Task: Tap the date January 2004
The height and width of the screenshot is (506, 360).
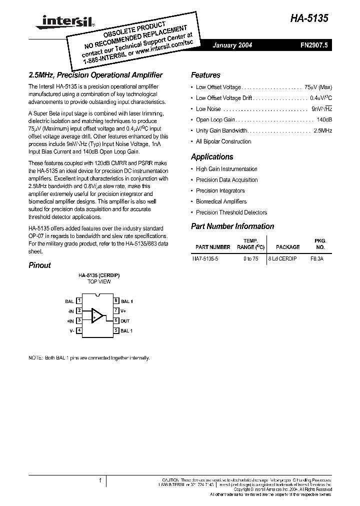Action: click(x=232, y=45)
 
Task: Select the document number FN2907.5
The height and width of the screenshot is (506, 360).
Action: click(x=313, y=45)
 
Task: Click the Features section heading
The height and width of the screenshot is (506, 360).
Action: click(x=205, y=75)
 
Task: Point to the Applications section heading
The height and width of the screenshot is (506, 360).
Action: click(x=212, y=156)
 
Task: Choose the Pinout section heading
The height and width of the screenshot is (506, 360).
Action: click(x=39, y=265)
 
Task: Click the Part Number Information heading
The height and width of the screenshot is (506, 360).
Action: click(x=232, y=226)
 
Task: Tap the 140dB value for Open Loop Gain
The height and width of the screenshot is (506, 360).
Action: click(x=324, y=119)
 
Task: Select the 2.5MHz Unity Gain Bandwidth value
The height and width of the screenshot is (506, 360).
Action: click(x=322, y=130)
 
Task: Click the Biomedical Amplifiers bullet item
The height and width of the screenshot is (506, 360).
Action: click(x=221, y=201)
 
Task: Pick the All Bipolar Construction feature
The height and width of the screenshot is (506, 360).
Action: click(x=223, y=141)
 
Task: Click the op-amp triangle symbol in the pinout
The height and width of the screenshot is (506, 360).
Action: click(x=97, y=315)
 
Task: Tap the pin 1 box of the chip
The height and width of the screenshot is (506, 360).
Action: click(x=79, y=301)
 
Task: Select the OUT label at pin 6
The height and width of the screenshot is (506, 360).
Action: click(x=125, y=321)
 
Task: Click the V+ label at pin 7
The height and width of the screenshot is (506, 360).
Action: click(x=123, y=311)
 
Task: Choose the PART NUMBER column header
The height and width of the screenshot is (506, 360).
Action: click(x=213, y=247)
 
